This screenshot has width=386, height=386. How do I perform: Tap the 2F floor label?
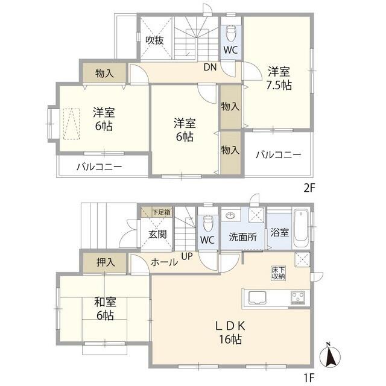[309, 187]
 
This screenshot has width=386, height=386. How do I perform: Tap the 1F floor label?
[309, 379]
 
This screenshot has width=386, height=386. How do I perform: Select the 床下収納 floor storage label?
[277, 272]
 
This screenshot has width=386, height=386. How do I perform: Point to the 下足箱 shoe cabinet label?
[160, 212]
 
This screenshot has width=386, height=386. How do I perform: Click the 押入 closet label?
[105, 262]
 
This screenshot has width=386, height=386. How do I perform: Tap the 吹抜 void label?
[154, 40]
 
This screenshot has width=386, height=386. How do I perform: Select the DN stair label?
[210, 67]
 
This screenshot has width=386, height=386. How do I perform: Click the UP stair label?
[188, 257]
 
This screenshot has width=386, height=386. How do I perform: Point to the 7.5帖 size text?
[279, 85]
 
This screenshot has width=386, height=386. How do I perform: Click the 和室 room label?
[104, 303]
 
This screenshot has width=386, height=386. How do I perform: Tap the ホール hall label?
[164, 262]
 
